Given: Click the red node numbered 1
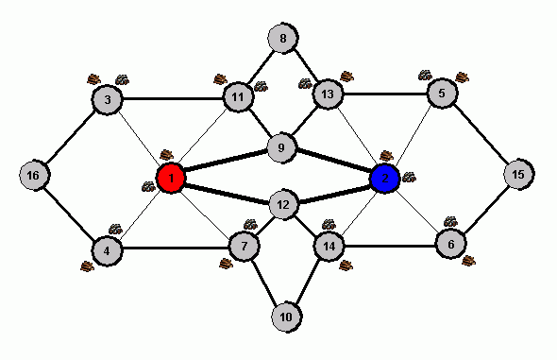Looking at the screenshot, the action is pos(171,178).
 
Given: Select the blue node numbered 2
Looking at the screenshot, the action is pos(385,178).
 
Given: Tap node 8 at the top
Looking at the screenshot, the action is pos(283,38).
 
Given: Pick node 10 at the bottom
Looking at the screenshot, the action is pos(286,317).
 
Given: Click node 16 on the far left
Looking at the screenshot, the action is pos(34,175).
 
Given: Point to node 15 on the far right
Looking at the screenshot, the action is pos(518,174).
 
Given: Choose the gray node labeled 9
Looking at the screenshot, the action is pos(281,147).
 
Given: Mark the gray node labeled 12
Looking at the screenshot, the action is pos(283,205).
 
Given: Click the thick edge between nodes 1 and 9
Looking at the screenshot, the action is pos(226,161).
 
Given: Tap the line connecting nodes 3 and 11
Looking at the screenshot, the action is pos(172,98).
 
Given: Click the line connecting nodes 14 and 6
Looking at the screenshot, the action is pos(390,246).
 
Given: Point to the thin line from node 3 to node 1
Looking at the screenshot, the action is pos(139,139).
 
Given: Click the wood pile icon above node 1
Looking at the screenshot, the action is pos(167,155).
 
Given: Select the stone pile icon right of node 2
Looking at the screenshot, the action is pos(409,177).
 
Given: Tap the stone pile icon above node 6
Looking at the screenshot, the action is pos(450,221).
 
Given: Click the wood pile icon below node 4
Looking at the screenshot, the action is pos(88,266).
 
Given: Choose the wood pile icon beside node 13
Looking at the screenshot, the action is pos(347,77).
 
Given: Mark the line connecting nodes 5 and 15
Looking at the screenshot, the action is pos(481,133).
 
